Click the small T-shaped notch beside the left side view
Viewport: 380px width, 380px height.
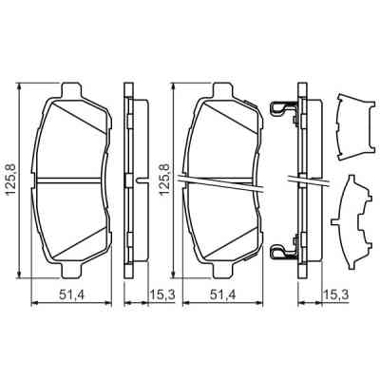click(141, 179)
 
